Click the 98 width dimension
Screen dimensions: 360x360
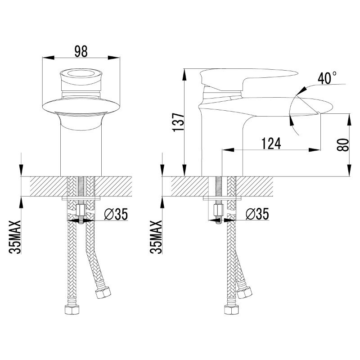pos(81,51)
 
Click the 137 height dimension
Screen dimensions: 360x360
pos(178,122)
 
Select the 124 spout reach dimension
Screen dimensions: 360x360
pos(271,144)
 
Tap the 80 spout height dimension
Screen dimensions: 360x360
pos(343,145)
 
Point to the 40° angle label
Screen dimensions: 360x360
pos(327,78)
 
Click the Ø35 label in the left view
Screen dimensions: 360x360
pos(116,214)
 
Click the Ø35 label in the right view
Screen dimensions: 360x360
pos(257,214)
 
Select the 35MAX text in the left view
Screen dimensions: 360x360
pos(15,237)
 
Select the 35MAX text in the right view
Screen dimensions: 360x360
pos(156,237)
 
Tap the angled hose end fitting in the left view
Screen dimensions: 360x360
pos(103,292)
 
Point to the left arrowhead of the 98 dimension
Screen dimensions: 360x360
pos(48,58)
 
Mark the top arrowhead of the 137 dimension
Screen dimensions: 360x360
pos(184,74)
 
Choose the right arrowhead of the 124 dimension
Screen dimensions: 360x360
pos(314,150)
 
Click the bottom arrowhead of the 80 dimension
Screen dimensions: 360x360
pos(350,171)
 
